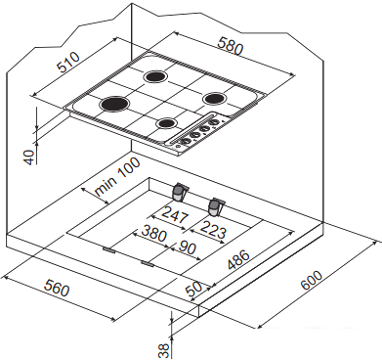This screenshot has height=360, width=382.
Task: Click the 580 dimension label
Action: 231,47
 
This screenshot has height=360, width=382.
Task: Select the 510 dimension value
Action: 67,62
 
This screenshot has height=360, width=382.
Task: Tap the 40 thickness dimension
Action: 29,157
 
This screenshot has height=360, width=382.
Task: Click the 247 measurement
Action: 175,215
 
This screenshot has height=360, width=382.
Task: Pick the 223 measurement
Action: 213,230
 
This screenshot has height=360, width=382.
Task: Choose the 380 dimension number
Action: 153,234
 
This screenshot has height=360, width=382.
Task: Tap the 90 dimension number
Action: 188,247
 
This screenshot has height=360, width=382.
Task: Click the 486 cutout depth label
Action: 238,260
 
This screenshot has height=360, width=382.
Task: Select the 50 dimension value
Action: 193,289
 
